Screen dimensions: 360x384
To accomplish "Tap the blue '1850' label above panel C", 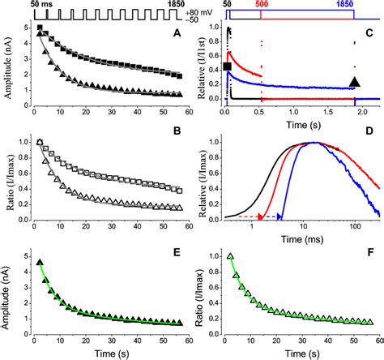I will (x=351, y=5).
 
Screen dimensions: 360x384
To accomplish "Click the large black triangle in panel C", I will (x=354, y=80).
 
